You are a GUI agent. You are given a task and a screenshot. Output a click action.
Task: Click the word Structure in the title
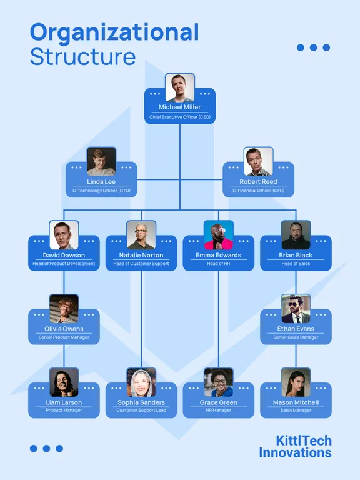(82, 57)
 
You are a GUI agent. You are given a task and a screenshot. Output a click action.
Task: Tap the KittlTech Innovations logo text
(295, 447)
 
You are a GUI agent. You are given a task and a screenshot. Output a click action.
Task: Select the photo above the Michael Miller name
(180, 88)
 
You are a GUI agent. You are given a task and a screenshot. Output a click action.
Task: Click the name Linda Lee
(101, 181)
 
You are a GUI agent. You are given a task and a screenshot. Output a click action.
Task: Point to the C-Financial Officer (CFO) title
(258, 191)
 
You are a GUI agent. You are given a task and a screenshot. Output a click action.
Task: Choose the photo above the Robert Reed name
(258, 161)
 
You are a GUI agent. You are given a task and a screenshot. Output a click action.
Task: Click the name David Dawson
(64, 255)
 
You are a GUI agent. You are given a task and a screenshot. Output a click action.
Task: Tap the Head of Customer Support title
(141, 264)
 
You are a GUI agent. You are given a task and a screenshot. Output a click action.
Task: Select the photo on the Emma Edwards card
(219, 235)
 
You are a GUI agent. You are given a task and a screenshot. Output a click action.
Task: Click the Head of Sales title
(296, 264)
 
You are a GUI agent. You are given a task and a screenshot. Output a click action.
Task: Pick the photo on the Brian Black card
(296, 235)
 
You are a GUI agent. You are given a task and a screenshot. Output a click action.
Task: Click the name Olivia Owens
(64, 329)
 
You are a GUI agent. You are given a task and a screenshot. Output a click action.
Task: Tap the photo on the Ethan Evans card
(296, 309)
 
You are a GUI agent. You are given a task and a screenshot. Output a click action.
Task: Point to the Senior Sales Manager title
(296, 337)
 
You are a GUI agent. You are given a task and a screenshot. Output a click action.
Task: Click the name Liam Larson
(64, 402)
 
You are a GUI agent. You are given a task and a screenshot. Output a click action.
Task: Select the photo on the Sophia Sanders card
(141, 382)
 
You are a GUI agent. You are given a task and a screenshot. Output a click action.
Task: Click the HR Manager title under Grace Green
(219, 410)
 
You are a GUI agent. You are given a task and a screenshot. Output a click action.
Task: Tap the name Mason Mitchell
(296, 402)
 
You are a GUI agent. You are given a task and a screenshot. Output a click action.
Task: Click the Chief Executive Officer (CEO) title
(180, 117)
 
